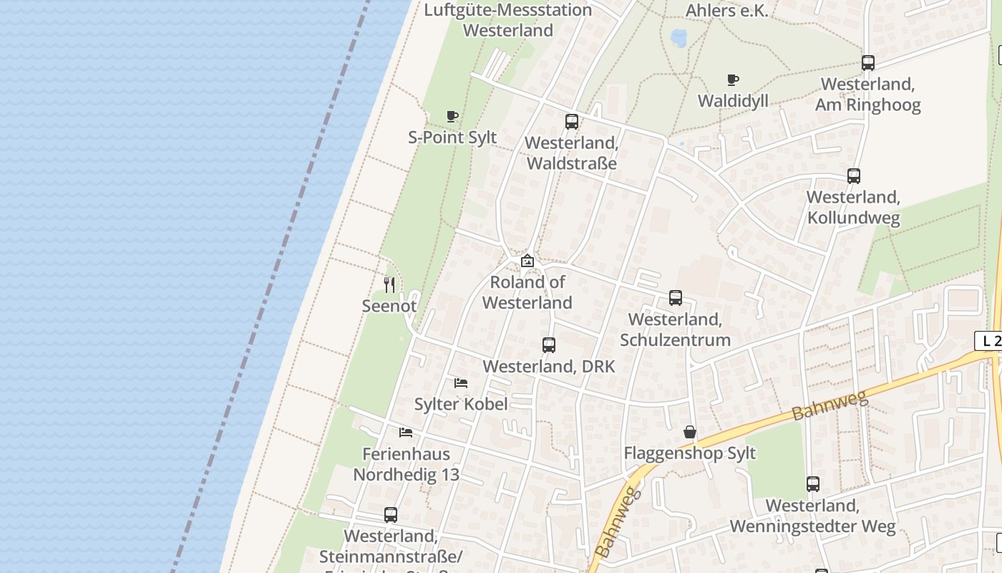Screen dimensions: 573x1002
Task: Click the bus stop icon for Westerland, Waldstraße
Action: point(571,122)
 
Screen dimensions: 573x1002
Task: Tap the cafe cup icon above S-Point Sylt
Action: point(452,116)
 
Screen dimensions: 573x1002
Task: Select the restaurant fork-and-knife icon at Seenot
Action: point(389,285)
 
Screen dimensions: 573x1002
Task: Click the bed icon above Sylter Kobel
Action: point(461,383)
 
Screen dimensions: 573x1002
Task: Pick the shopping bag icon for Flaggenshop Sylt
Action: point(689,432)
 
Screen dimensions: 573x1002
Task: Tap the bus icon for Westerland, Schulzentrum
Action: point(675,298)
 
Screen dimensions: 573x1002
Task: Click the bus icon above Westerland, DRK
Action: point(548,345)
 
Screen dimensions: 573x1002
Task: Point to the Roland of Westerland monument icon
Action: point(527,261)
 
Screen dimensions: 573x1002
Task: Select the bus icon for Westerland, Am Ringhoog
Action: point(867,63)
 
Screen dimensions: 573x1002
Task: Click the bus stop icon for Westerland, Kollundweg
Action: point(853,176)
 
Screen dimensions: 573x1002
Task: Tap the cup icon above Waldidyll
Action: point(732,80)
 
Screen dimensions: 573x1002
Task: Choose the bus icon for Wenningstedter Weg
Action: point(812,484)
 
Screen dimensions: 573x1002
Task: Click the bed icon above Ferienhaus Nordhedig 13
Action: point(406,433)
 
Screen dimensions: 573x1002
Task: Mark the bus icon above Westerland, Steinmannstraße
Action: point(390,514)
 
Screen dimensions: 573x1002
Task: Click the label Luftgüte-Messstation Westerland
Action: point(508,20)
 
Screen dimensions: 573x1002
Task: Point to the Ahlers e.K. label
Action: point(726,10)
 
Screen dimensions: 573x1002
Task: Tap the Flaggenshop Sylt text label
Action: point(689,453)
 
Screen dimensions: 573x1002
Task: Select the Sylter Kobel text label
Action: point(461,404)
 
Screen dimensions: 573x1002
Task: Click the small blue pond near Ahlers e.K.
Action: point(678,37)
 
